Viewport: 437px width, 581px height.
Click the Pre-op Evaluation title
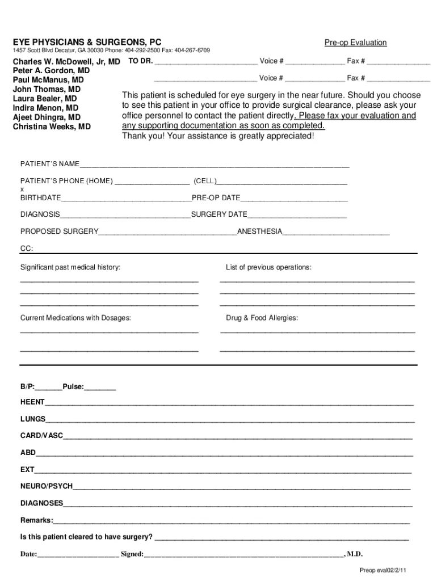tap(355, 43)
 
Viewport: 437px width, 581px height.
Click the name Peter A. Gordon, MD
tap(51, 71)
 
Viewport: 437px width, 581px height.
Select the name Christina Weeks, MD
tap(52, 127)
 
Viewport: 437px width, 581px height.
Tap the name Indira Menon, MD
tap(46, 108)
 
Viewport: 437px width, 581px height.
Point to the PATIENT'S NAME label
tap(50, 164)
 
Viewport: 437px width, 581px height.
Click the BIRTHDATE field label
tap(41, 198)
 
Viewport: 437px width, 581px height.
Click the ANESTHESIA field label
tap(259, 231)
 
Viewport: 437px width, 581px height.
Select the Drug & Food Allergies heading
tap(262, 318)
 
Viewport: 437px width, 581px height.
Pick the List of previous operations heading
tap(268, 267)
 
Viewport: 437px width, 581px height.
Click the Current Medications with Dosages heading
tap(75, 318)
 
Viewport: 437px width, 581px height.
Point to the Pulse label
tap(73, 387)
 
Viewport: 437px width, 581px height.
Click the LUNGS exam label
tap(33, 419)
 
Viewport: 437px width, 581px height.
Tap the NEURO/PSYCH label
tap(47, 487)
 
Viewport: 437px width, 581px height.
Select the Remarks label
tap(37, 520)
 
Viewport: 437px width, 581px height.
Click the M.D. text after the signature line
tap(355, 554)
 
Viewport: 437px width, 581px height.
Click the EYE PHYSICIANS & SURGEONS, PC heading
tap(87, 43)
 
